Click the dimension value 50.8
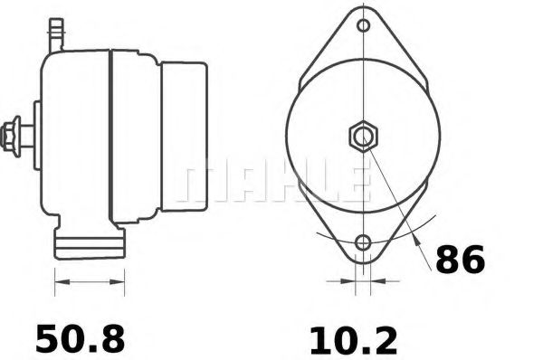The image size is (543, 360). point(80,338)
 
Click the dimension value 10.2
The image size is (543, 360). point(353,341)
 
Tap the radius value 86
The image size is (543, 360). point(461,259)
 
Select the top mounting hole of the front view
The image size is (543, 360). point(363,25)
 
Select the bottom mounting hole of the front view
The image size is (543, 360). point(363,242)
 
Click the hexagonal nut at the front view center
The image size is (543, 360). point(363,136)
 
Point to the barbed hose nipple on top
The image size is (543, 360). point(56,35)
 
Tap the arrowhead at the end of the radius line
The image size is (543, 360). point(417,241)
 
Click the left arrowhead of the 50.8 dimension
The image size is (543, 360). point(62,282)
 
